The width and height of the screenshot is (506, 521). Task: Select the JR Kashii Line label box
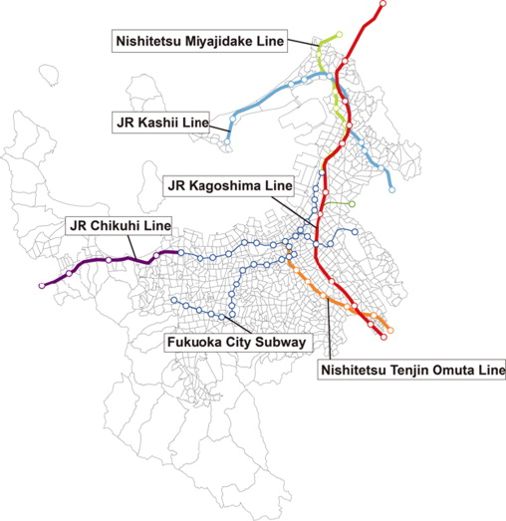click(x=160, y=124)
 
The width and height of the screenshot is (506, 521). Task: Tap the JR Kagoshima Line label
click(x=229, y=186)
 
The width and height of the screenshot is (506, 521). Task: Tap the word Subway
click(x=281, y=343)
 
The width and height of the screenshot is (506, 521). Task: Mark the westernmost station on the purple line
click(x=41, y=286)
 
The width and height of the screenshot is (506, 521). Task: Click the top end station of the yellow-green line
click(x=339, y=35)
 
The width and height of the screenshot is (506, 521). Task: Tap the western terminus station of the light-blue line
click(x=226, y=142)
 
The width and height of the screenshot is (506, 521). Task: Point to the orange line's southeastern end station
click(x=389, y=330)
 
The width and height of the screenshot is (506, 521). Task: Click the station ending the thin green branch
click(x=353, y=203)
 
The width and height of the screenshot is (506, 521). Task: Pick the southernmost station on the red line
click(x=383, y=334)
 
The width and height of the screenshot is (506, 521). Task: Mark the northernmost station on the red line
click(x=344, y=63)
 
